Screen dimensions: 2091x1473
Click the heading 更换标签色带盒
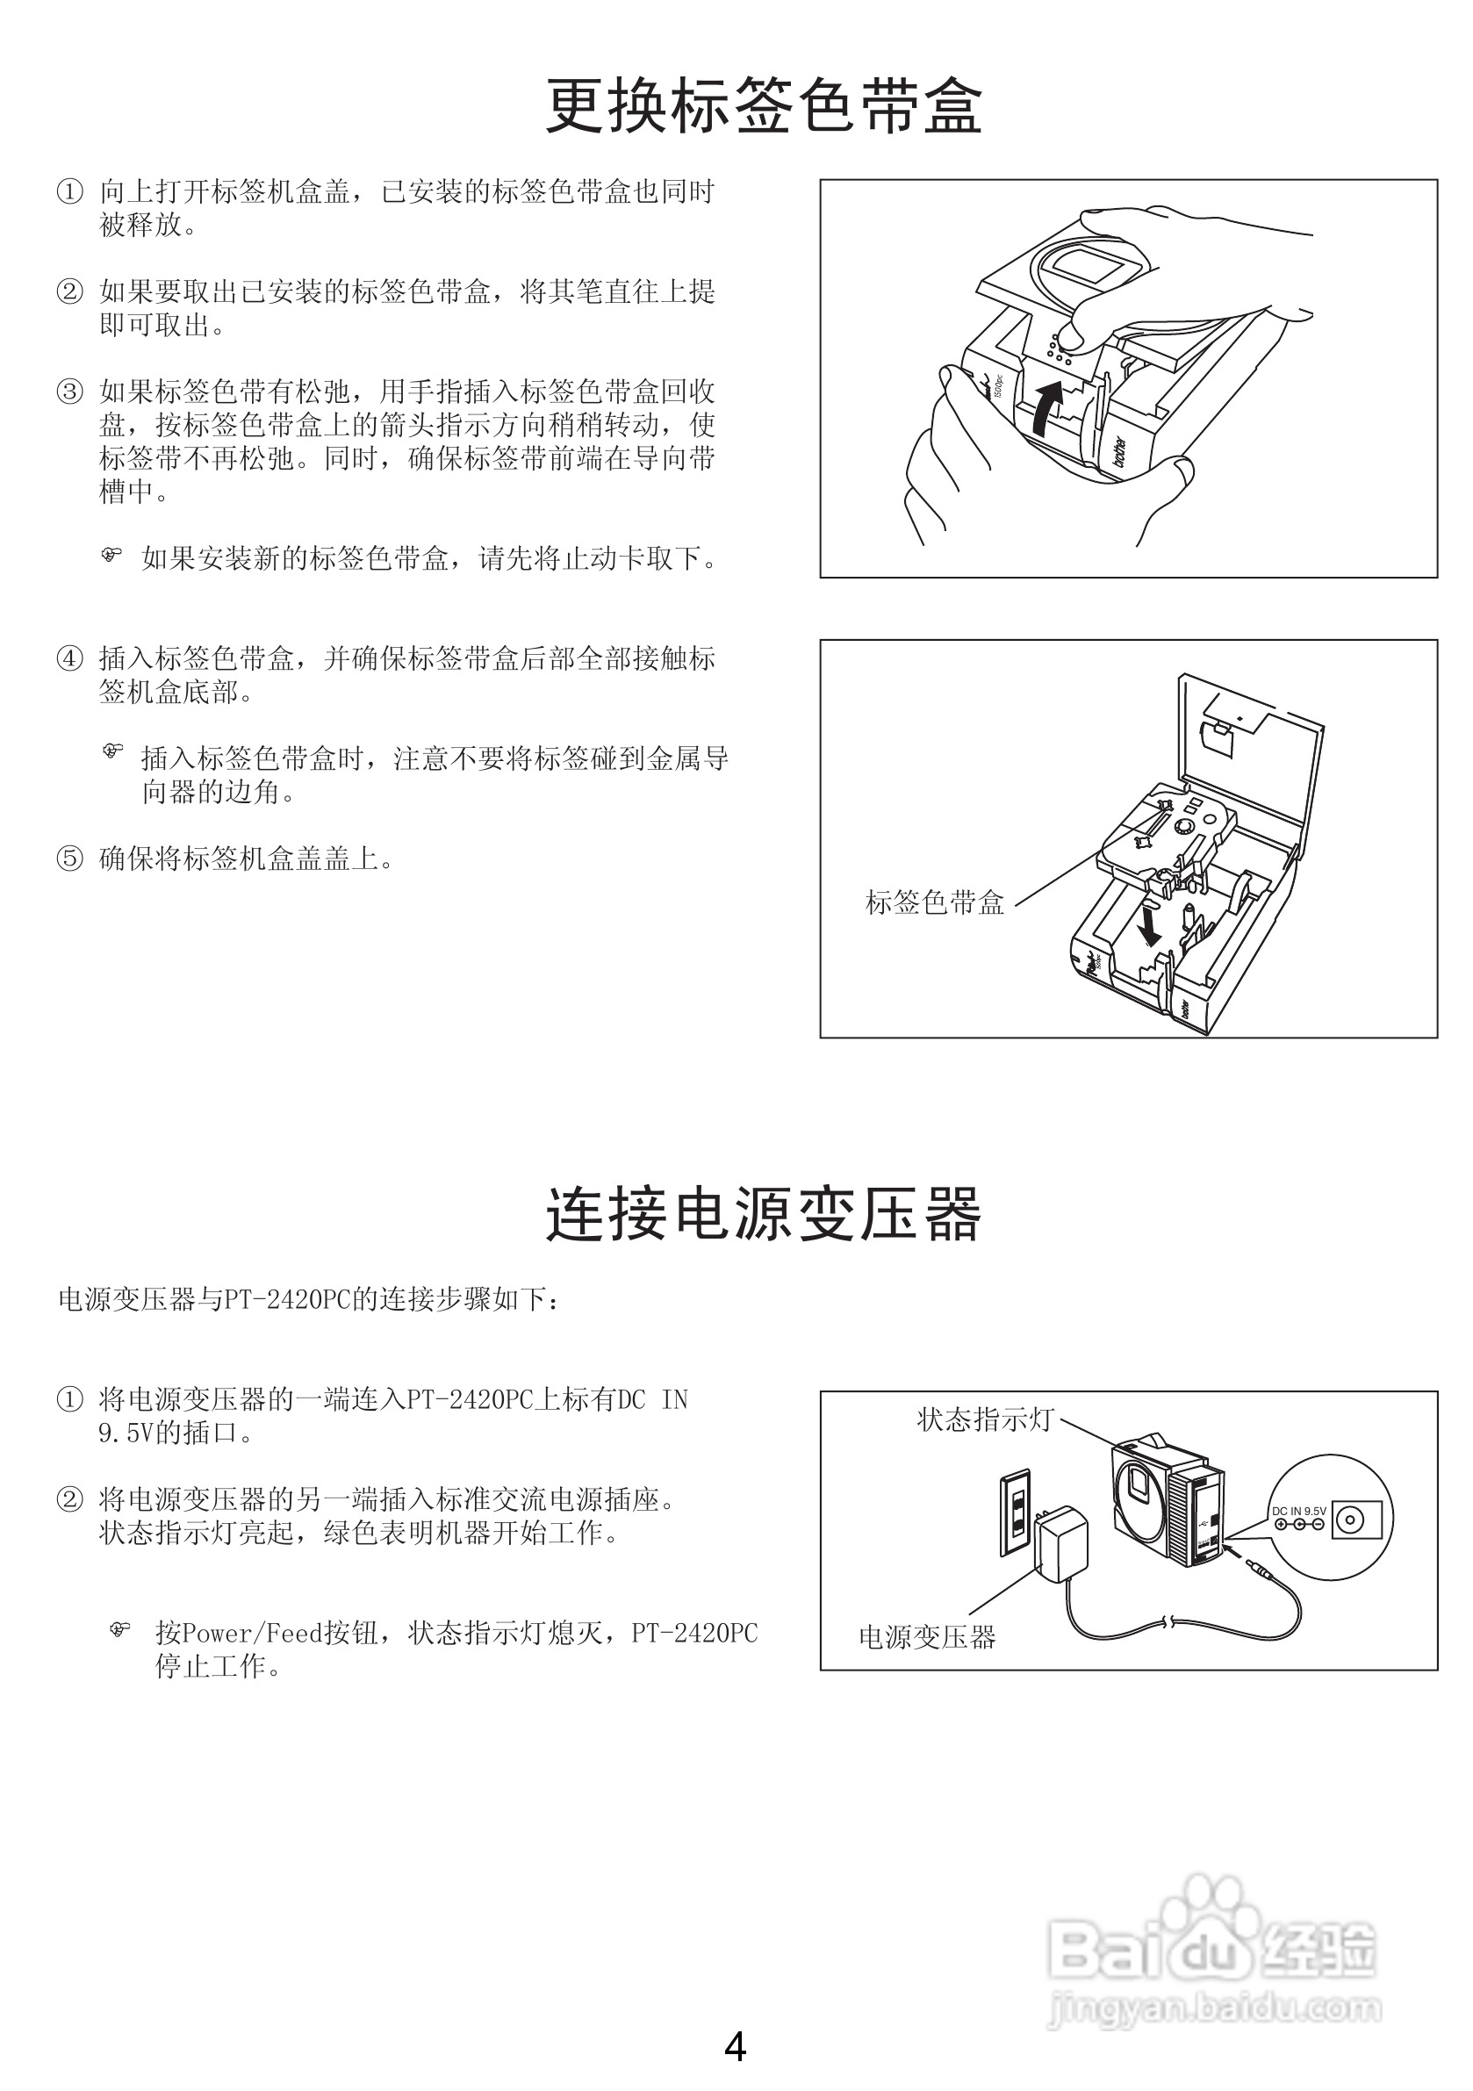click(x=764, y=106)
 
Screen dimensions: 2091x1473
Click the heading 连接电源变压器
click(x=764, y=1215)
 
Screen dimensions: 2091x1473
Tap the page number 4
click(x=735, y=2046)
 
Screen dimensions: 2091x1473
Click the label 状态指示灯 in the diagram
click(x=985, y=1419)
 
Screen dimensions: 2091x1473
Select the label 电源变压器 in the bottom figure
click(x=927, y=1637)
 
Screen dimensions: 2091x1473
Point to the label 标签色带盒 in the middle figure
click(x=935, y=902)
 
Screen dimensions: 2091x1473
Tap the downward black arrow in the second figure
click(x=1150, y=925)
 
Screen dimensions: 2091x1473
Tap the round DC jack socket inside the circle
click(x=1349, y=1520)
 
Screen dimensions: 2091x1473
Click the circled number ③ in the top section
click(x=69, y=392)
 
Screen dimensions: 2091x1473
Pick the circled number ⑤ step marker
click(x=69, y=859)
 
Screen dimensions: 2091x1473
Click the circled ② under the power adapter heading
click(x=69, y=1500)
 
